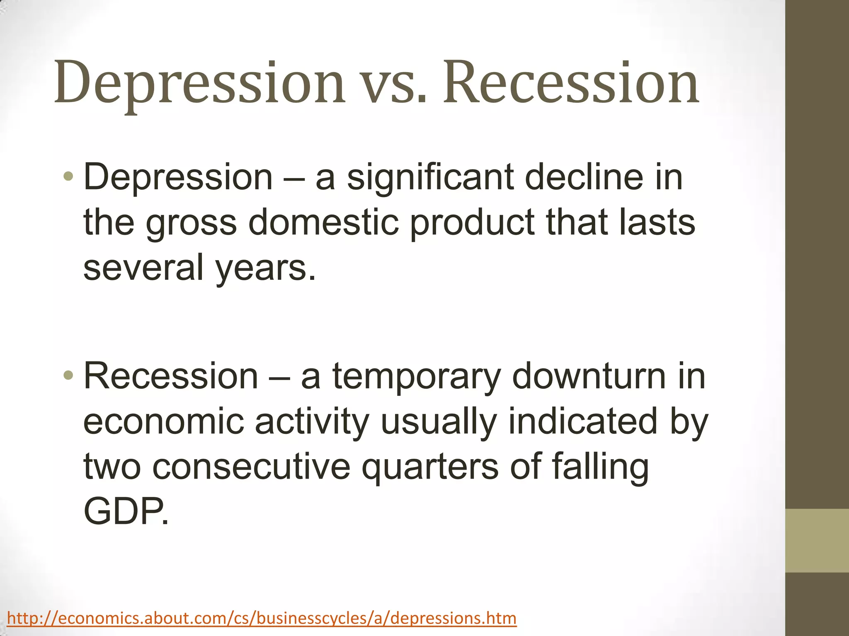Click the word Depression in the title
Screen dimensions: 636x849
tap(199, 83)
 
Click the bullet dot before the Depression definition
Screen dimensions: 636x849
tap(68, 177)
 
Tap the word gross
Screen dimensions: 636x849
tap(191, 224)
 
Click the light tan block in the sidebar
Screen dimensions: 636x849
tap(817, 540)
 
